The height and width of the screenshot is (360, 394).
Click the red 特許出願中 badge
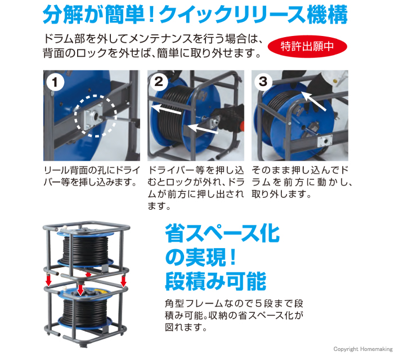tap(307, 47)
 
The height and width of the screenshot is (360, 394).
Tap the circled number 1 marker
tap(55, 82)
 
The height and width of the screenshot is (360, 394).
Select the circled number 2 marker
tap(159, 82)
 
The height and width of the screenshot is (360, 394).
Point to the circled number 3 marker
tap(263, 82)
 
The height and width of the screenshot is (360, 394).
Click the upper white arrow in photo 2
tap(166, 110)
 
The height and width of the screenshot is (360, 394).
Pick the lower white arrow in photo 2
tap(203, 128)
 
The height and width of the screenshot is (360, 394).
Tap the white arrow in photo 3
tap(314, 101)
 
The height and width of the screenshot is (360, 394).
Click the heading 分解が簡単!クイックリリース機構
tap(195, 14)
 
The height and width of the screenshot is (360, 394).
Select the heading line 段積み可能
tap(216, 281)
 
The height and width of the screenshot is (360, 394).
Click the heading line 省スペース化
tap(222, 233)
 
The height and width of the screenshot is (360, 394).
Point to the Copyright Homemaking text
tap(363, 349)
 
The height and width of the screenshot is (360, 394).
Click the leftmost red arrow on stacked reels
tap(48, 280)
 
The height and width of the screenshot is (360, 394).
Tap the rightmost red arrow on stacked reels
tap(123, 281)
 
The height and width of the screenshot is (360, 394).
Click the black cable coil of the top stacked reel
tap(86, 250)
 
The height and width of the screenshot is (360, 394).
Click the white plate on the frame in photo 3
tap(325, 141)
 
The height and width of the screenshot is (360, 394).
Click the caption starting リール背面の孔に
tap(91, 176)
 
